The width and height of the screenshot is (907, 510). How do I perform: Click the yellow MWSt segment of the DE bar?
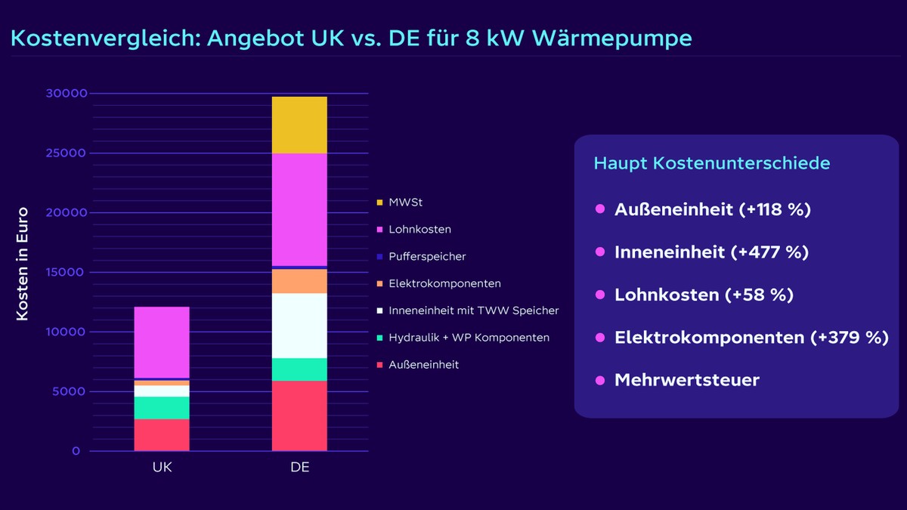[x=299, y=125]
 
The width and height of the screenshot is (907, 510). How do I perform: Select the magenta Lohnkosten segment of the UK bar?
[x=162, y=342]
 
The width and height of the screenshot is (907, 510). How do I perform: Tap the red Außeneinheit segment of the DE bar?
[x=299, y=416]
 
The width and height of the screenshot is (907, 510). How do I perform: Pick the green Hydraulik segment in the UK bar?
[x=162, y=407]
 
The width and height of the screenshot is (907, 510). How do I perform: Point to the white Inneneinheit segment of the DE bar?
[x=299, y=326]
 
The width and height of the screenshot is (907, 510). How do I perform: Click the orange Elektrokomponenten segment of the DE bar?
[x=299, y=281]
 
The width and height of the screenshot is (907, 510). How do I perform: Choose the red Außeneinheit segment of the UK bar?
[x=162, y=434]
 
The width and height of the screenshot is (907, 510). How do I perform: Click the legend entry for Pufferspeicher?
[x=428, y=256]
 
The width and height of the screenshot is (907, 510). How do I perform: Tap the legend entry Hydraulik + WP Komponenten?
[x=469, y=338]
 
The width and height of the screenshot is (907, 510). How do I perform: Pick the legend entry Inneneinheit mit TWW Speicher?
[x=473, y=311]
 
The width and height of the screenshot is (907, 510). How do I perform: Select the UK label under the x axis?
[x=162, y=467]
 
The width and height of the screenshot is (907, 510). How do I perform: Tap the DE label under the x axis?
[x=299, y=467]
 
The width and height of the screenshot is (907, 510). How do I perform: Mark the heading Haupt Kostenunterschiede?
[x=711, y=163]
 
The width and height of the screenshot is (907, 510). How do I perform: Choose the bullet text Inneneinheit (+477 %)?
[x=711, y=252]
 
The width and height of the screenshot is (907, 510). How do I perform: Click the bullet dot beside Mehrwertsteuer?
[x=600, y=379]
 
